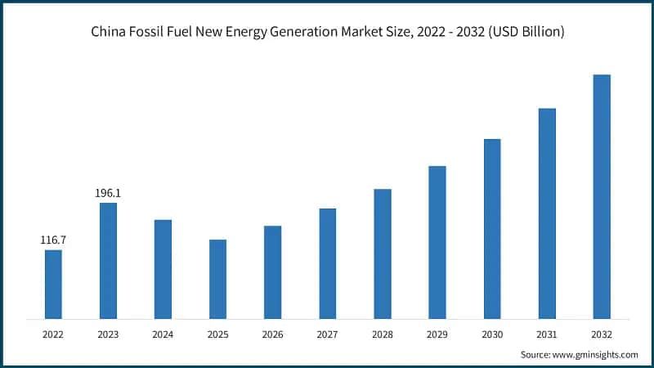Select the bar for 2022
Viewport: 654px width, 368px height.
[53, 284]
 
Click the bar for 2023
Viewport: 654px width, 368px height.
[108, 260]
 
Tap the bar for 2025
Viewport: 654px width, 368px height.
[217, 279]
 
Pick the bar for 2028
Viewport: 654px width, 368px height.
[383, 254]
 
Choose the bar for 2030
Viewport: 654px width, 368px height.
[492, 228]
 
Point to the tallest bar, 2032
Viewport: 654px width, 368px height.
[602, 196]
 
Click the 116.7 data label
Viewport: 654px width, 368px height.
[53, 240]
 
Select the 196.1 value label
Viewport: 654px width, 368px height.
[108, 193]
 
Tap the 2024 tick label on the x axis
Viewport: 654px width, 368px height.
[163, 334]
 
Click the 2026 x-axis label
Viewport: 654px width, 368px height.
[272, 334]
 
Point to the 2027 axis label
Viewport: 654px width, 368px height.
[327, 334]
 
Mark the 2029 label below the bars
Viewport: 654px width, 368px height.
[437, 334]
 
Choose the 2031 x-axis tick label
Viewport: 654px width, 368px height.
[547, 334]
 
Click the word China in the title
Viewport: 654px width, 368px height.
[108, 32]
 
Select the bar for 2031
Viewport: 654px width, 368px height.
[547, 213]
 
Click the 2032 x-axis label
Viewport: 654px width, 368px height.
[602, 334]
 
